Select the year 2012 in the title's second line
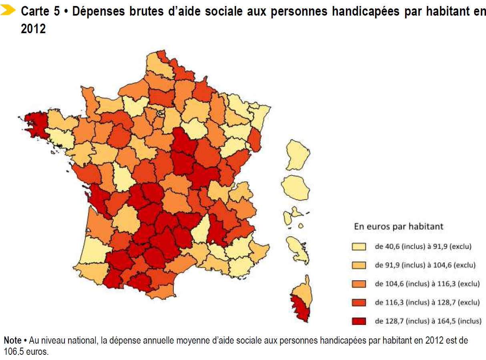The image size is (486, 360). click(x=33, y=29)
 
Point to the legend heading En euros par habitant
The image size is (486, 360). click(x=398, y=227)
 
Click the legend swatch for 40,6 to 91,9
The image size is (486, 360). click(x=359, y=247)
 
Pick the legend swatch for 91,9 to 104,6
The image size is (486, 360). click(x=359, y=265)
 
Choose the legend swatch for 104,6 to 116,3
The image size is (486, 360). click(x=359, y=284)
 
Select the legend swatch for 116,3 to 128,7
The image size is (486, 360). click(x=359, y=302)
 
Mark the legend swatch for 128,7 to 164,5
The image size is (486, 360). click(x=359, y=321)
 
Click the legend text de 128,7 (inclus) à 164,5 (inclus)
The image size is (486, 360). click(x=427, y=321)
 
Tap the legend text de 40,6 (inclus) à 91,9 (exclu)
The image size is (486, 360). click(x=423, y=247)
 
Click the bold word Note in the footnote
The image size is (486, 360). click(x=12, y=340)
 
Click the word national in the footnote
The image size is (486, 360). click(x=80, y=340)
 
